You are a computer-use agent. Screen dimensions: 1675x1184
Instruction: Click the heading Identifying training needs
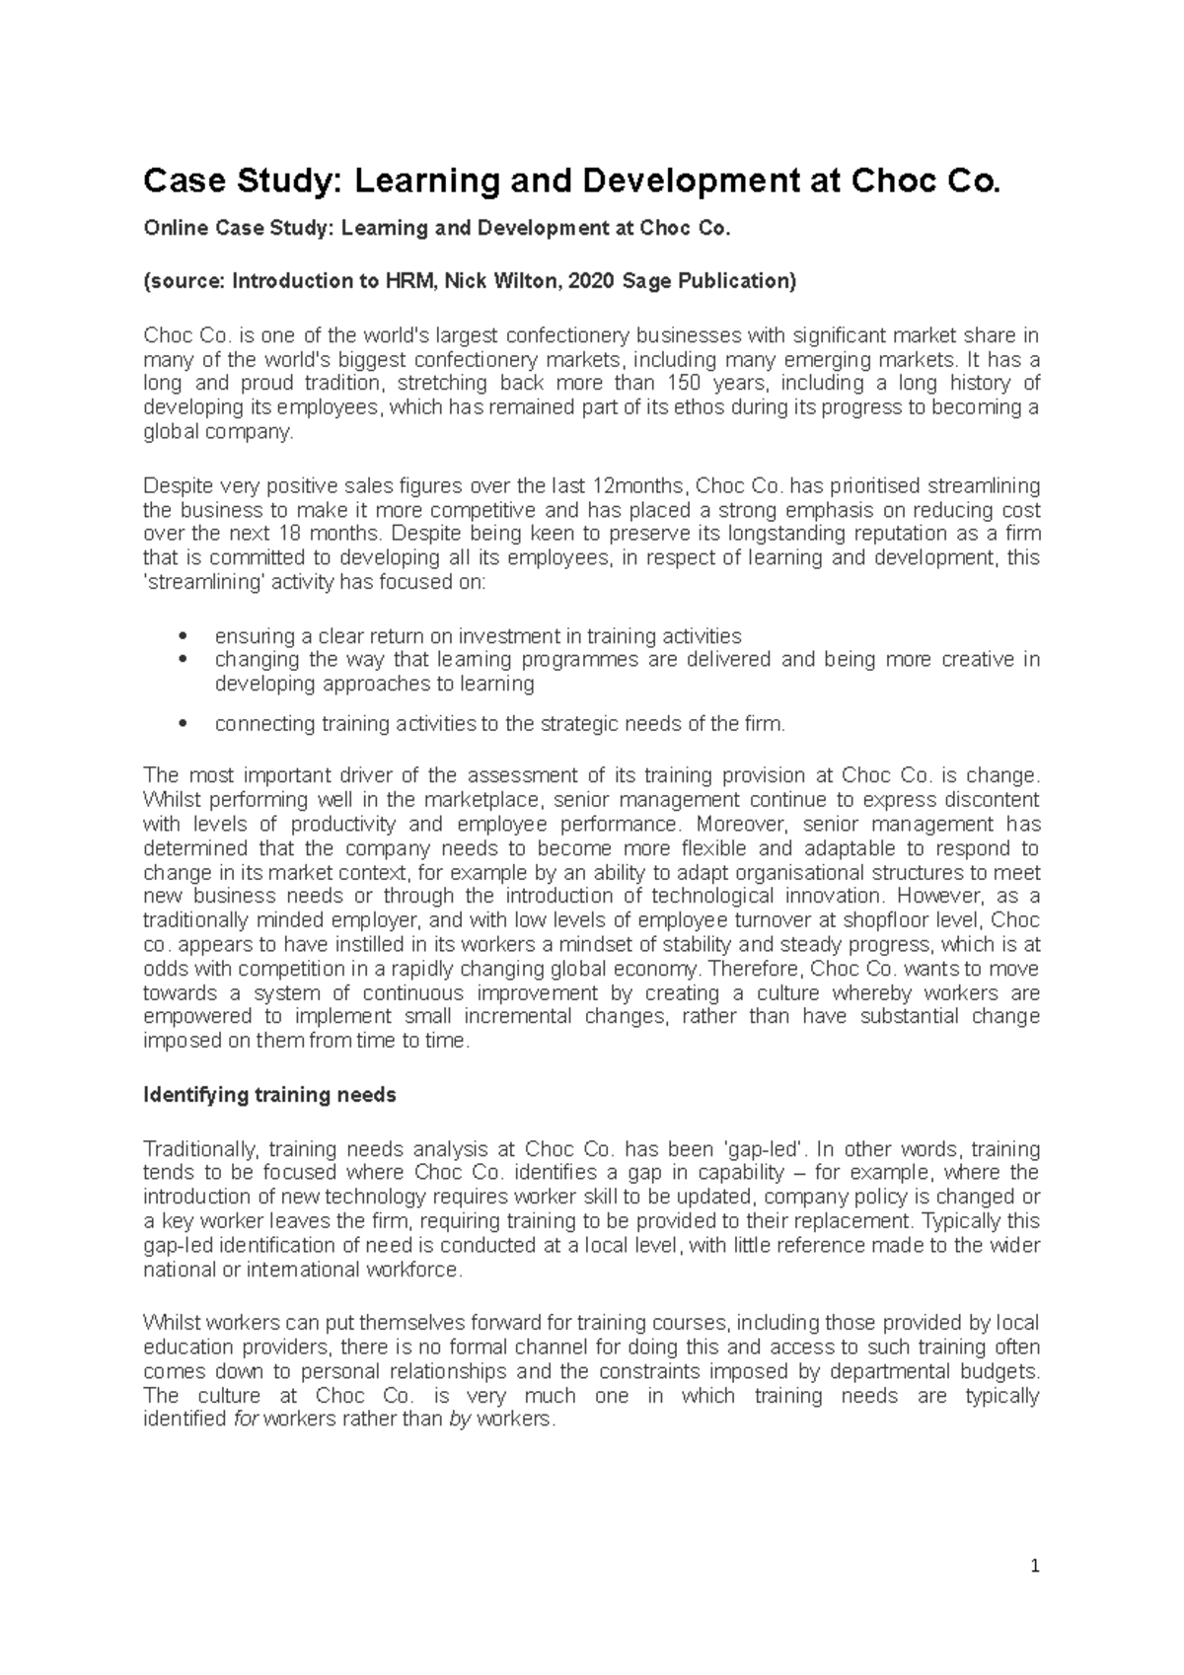point(269,1095)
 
